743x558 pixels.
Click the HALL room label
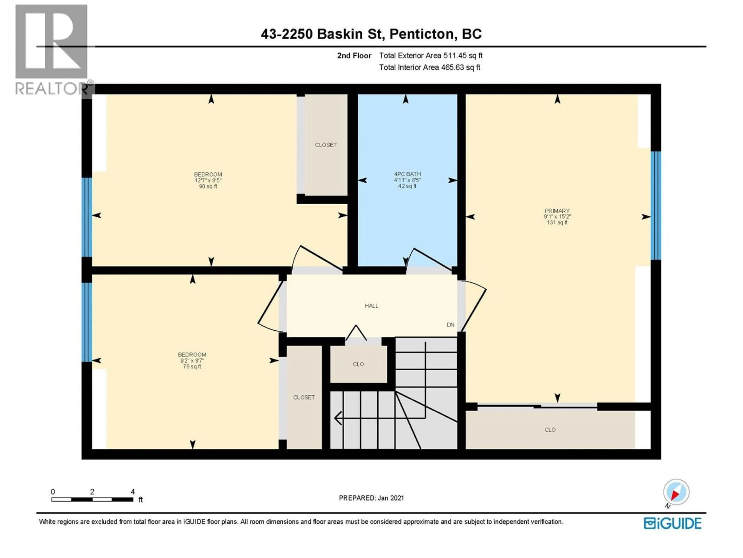coord(371,306)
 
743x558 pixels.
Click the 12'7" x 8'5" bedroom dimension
coord(208,180)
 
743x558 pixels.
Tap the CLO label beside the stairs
coord(358,364)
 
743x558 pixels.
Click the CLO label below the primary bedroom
coord(550,430)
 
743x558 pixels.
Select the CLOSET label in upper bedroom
coord(325,145)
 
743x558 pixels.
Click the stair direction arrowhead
coord(338,418)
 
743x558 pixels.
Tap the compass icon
coord(676,492)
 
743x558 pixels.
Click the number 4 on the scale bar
coord(133,492)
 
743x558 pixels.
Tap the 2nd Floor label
coord(354,56)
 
